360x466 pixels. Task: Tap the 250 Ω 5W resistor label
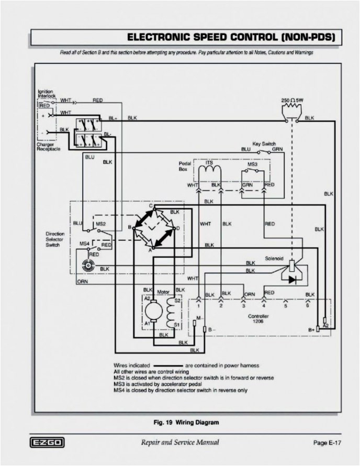tap(292, 100)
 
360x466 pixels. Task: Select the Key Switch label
tap(264, 143)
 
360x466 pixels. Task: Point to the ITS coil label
tap(209, 163)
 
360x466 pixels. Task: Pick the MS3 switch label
tap(252, 164)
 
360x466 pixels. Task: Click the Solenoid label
tap(274, 258)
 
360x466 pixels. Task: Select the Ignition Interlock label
tap(46, 94)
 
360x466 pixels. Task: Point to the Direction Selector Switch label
tap(55, 239)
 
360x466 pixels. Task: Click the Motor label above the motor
tap(163, 291)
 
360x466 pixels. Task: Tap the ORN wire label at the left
tap(82, 281)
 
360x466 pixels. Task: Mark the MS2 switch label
tap(100, 224)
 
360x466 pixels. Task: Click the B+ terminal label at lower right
tap(311, 329)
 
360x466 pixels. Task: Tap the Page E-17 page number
tap(328, 443)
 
